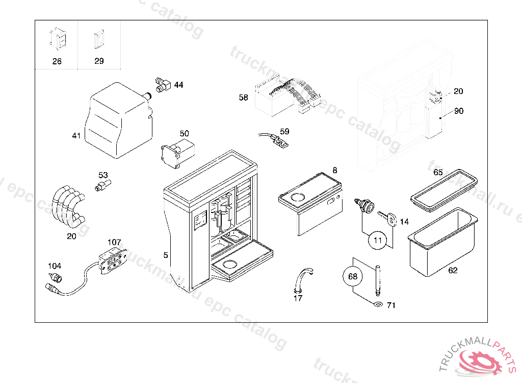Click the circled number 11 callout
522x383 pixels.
coord(377,240)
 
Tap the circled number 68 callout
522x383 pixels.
coord(352,277)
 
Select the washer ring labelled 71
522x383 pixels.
coord(376,305)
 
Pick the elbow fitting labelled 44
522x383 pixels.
coord(162,85)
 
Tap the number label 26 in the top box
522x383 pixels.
coord(57,61)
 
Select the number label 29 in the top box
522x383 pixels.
coord(99,61)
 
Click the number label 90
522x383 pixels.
coord(459,111)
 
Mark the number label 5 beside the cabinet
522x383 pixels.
coord(166,255)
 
